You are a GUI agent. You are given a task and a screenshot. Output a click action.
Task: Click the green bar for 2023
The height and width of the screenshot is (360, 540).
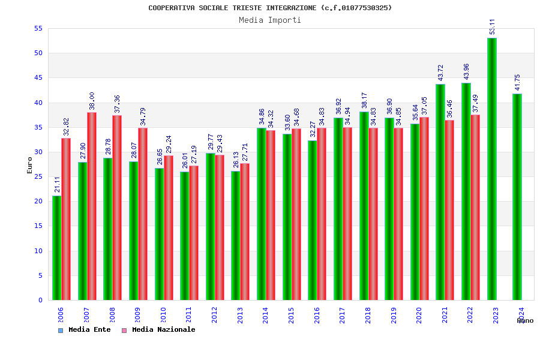click(492, 169)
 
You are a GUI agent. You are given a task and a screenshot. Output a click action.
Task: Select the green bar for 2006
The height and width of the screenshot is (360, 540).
click(56, 247)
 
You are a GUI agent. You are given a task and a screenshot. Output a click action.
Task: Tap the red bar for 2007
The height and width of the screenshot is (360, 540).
click(92, 206)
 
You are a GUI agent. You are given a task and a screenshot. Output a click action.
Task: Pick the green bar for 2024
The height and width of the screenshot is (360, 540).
click(517, 197)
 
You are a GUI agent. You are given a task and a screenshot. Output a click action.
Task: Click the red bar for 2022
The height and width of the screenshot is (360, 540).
click(475, 207)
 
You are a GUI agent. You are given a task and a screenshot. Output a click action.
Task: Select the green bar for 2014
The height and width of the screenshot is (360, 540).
click(262, 214)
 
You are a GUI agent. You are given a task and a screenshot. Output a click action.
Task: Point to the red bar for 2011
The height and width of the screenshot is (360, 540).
click(194, 233)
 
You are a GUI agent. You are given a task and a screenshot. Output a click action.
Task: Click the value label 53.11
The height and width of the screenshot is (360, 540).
click(492, 26)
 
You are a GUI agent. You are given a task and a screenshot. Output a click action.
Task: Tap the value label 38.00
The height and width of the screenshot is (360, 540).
click(92, 101)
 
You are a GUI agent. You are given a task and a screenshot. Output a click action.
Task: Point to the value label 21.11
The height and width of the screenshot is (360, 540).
click(57, 184)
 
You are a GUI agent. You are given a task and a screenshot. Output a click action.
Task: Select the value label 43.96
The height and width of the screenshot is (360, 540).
click(466, 71)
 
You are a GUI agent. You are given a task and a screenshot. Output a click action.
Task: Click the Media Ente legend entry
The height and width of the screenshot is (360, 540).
click(85, 329)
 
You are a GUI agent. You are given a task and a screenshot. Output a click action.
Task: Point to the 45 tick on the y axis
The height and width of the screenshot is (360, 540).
click(38, 78)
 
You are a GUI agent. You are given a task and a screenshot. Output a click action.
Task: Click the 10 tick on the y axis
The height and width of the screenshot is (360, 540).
click(38, 251)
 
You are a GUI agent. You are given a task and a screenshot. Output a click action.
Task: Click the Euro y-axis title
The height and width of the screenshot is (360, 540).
click(30, 165)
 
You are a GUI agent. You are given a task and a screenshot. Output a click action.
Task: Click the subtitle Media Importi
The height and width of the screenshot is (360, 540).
click(270, 20)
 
